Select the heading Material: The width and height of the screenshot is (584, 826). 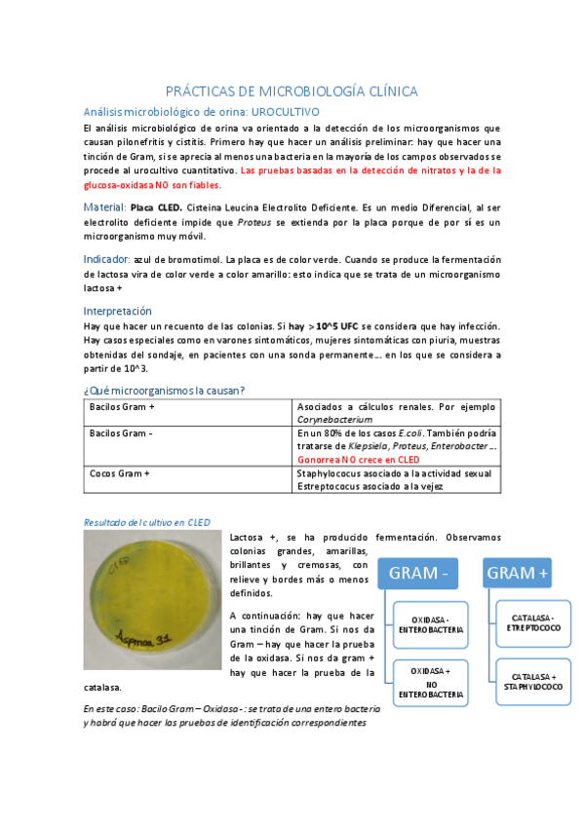(105, 207)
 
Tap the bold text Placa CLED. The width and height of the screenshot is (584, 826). (155, 207)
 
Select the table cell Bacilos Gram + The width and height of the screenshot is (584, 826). (122, 406)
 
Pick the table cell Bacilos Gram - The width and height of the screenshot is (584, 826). (121, 432)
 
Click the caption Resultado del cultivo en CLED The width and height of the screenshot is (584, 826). (146, 522)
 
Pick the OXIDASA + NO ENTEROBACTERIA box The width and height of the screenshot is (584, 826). (430, 683)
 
